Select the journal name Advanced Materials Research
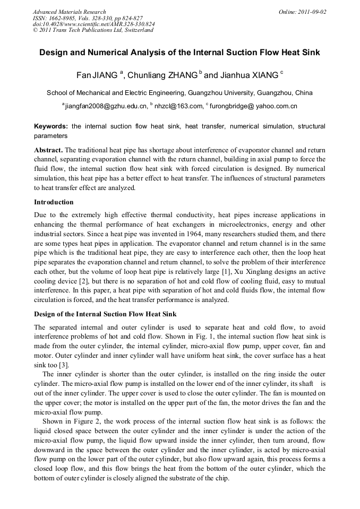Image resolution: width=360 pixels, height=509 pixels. (x=69, y=12)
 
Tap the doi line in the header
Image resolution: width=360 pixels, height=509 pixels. (x=93, y=24)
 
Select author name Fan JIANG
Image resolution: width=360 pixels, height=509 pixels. (x=97, y=75)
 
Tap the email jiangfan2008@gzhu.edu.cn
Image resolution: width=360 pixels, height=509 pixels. (x=106, y=106)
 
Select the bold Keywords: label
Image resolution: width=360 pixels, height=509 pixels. (x=51, y=126)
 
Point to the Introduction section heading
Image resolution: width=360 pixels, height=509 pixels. (x=54, y=202)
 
